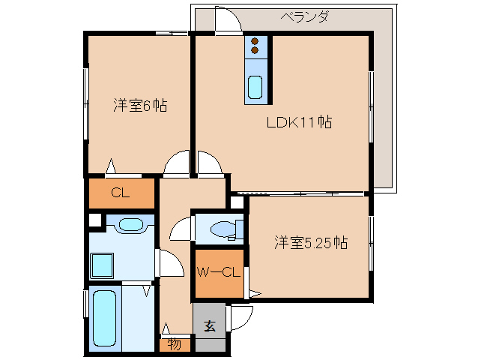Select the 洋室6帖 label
pyautogui.click(x=139, y=106)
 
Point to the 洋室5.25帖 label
pyautogui.click(x=310, y=242)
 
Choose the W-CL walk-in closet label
pyautogui.click(x=219, y=272)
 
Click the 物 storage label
pyautogui.click(x=174, y=344)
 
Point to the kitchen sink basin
pyautogui.click(x=255, y=88)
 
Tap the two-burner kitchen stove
pyautogui.click(x=255, y=46)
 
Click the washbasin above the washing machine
pyautogui.click(x=132, y=224)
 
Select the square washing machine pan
pyautogui.click(x=102, y=265)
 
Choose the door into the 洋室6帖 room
pyautogui.click(x=178, y=163)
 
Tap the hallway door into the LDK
pyautogui.click(x=210, y=163)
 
